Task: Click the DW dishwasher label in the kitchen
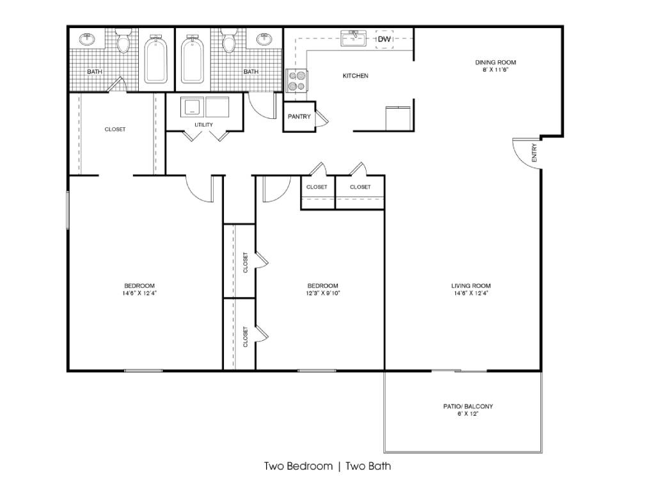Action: tap(384, 39)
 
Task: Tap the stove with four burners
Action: tap(296, 81)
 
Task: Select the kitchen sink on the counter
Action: tap(353, 38)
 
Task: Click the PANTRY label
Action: tap(299, 116)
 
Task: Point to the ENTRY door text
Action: tap(534, 153)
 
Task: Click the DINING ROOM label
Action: tap(496, 63)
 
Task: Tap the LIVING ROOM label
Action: tap(471, 286)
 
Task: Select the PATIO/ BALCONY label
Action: tap(468, 406)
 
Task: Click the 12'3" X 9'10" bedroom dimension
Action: tap(322, 293)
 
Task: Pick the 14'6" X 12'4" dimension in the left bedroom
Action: tap(139, 293)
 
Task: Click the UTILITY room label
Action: tap(204, 125)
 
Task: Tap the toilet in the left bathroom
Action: tap(123, 40)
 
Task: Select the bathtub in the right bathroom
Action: tap(192, 59)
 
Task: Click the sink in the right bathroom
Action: tap(264, 39)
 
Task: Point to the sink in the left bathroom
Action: tap(87, 39)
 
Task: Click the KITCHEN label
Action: tap(356, 76)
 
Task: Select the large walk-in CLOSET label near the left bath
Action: tap(115, 129)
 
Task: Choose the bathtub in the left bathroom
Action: tap(156, 59)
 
